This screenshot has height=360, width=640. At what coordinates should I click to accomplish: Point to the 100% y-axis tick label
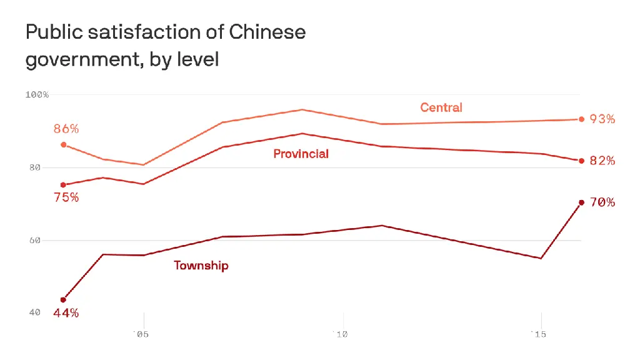coord(37,94)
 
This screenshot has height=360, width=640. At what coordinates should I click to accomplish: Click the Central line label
coord(441,107)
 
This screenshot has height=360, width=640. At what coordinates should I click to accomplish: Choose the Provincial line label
coord(301,154)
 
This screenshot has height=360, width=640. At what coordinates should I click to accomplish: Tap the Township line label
coord(201,266)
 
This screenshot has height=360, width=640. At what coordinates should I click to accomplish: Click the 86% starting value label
coord(66,129)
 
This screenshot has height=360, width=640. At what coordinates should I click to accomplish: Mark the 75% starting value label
coord(66,197)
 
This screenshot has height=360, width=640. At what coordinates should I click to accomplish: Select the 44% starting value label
coord(66,313)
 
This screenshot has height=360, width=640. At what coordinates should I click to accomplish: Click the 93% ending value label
coord(602,119)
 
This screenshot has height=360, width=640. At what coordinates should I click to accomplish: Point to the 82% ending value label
coord(602,161)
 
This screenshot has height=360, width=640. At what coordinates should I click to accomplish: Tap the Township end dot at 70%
coord(581,202)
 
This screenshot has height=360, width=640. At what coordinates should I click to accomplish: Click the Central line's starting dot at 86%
coord(63,144)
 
